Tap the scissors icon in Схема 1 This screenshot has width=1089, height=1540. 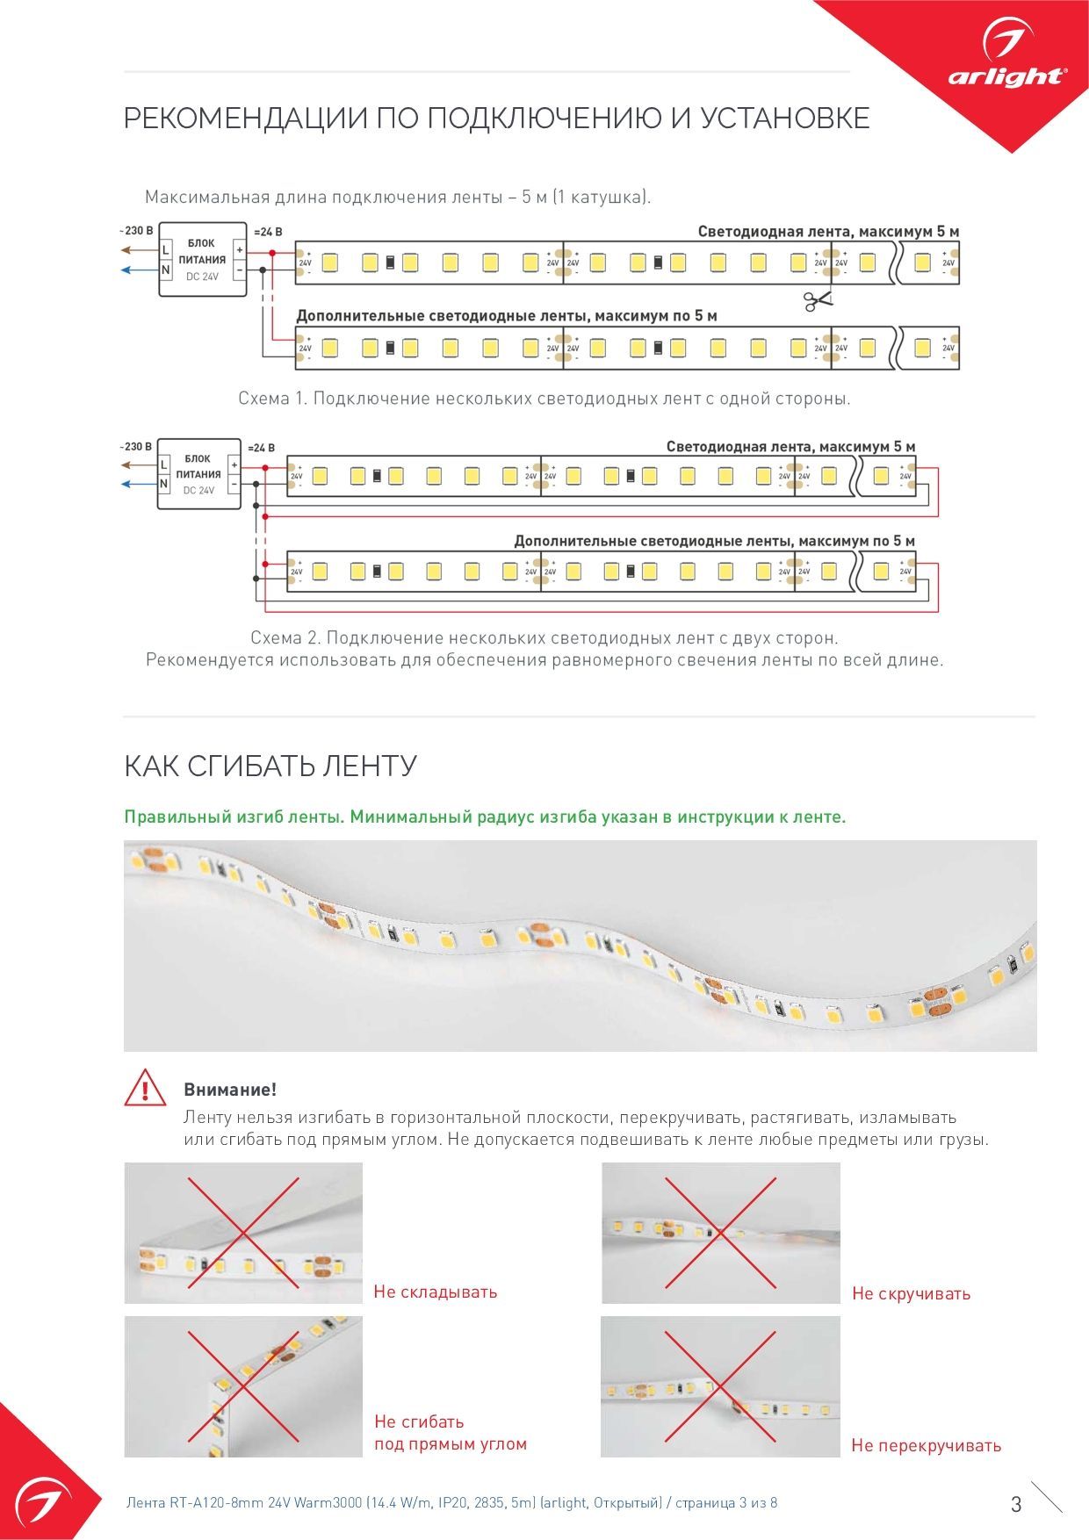click(817, 301)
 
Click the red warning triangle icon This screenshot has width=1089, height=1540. click(145, 1088)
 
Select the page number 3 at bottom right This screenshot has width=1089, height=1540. click(1016, 1504)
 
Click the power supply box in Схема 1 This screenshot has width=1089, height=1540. click(202, 259)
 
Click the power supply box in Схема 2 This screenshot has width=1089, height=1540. click(198, 474)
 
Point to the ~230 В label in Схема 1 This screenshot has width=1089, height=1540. click(136, 231)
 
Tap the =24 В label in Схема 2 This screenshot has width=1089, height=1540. click(262, 448)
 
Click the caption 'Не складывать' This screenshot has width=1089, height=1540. click(436, 1292)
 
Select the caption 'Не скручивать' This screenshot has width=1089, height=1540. click(911, 1293)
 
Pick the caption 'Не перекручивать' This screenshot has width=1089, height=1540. click(926, 1445)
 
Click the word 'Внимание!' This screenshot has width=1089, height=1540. click(230, 1090)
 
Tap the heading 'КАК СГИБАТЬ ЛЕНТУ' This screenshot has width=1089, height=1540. click(270, 766)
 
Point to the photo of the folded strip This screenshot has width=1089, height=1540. click(243, 1233)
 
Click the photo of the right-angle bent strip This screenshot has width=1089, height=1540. click(243, 1386)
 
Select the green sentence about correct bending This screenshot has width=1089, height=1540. click(485, 817)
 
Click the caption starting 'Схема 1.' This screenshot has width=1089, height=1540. click(544, 399)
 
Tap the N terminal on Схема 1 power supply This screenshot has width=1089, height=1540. click(165, 270)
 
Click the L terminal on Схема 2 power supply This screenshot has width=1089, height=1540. click(163, 464)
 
